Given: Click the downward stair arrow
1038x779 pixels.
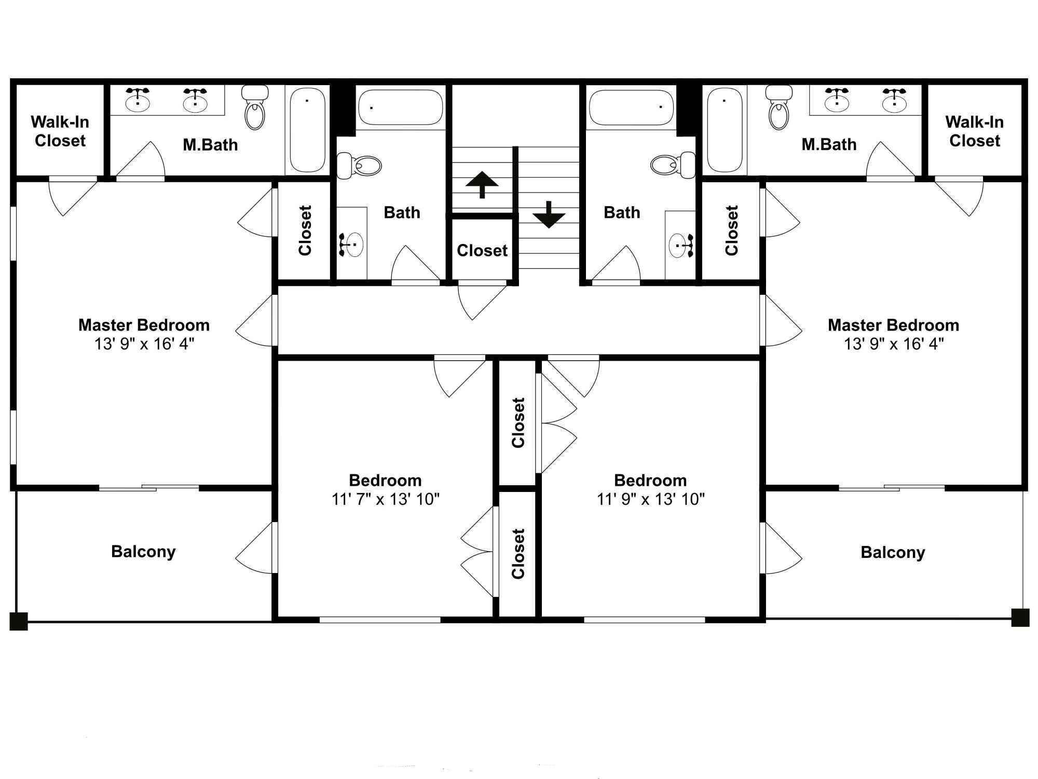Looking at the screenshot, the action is click(x=549, y=214).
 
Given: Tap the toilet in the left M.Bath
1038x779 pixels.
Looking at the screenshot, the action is click(x=255, y=107).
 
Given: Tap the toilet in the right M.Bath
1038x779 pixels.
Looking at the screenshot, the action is click(x=778, y=107).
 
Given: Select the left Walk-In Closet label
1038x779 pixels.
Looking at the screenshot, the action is click(x=60, y=131).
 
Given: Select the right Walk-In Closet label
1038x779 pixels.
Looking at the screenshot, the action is click(x=974, y=131).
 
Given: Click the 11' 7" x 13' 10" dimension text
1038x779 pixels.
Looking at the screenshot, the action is click(x=386, y=499).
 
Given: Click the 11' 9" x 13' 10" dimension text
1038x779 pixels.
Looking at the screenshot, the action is click(x=651, y=499).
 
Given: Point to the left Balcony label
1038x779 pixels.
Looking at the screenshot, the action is click(x=143, y=551).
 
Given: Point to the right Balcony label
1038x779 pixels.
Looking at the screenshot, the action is click(x=893, y=552).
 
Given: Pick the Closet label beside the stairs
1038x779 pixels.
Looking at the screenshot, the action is click(x=482, y=250).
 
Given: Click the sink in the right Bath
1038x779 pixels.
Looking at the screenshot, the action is click(x=681, y=244).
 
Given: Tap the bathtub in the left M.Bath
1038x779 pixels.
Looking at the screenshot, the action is click(x=307, y=130).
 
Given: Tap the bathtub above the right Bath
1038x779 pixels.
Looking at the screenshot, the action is click(x=632, y=107).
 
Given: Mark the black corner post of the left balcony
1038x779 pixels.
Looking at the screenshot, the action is click(x=19, y=621).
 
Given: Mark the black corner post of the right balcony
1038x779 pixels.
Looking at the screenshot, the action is click(x=1020, y=618).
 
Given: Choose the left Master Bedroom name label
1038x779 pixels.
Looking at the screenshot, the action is click(x=144, y=325).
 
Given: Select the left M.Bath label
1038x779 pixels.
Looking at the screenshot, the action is click(x=210, y=145).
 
